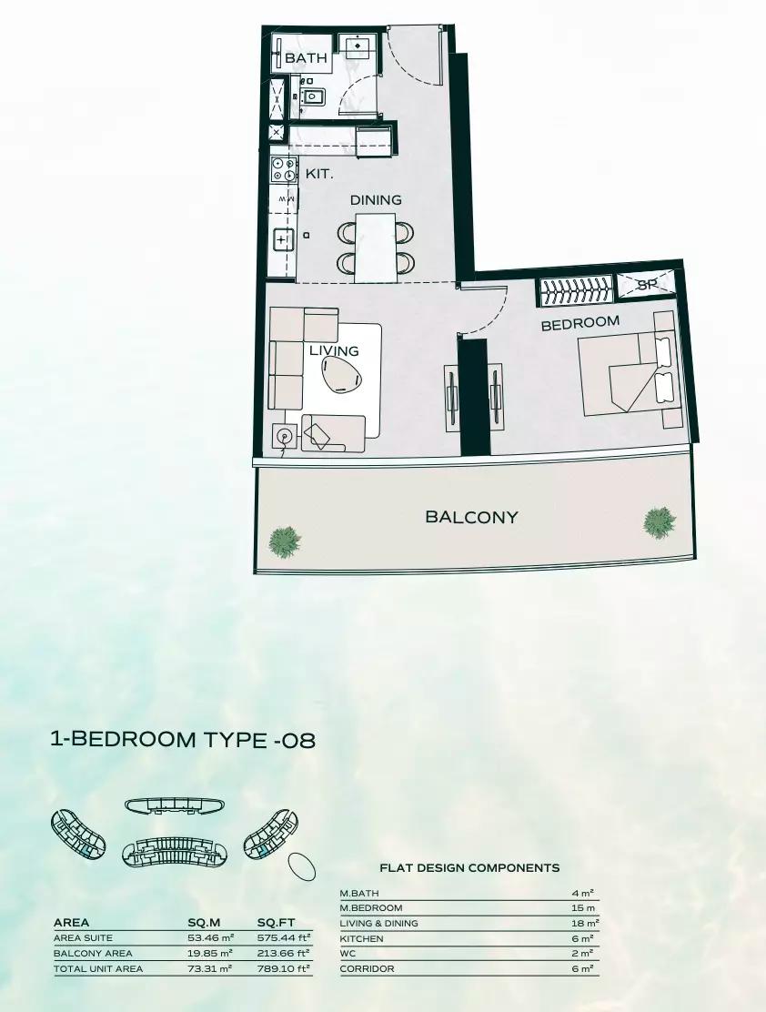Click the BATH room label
click(x=306, y=58)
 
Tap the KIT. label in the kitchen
click(x=319, y=174)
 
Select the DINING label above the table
click(x=376, y=200)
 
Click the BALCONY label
click(x=471, y=517)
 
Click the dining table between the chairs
click(x=375, y=248)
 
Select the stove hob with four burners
click(x=284, y=169)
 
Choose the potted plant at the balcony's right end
click(x=660, y=521)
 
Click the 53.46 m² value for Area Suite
click(x=210, y=937)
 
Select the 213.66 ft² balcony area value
click(x=284, y=953)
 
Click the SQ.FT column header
click(x=276, y=923)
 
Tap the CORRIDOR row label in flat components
click(x=367, y=968)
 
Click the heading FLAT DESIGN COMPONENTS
click(x=469, y=868)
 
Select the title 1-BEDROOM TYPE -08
click(x=183, y=739)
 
